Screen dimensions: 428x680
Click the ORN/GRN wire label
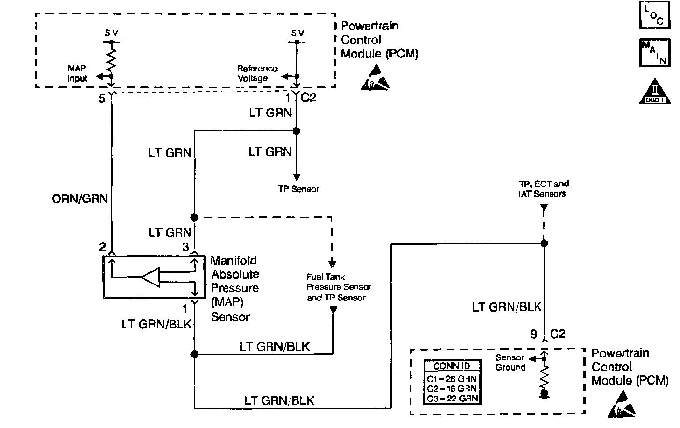pos(80,199)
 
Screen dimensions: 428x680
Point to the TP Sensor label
pos(298,189)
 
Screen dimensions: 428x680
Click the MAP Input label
pos(77,73)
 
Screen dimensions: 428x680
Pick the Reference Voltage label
pos(257,73)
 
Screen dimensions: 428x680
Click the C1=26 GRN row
pos(452,379)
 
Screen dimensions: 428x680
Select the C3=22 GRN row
pos(452,398)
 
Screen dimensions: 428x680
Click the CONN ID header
pos(452,366)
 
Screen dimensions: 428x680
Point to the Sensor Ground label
pos(510,362)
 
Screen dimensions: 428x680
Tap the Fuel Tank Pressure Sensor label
pos(338,287)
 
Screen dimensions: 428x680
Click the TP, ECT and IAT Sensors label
pos(543,188)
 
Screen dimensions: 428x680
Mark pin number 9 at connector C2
pos(533,334)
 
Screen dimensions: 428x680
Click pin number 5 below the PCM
pos(102,99)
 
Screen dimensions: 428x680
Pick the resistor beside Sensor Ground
pos(544,377)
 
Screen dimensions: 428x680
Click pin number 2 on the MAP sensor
pos(102,247)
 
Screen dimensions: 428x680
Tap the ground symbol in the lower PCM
pos(544,395)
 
